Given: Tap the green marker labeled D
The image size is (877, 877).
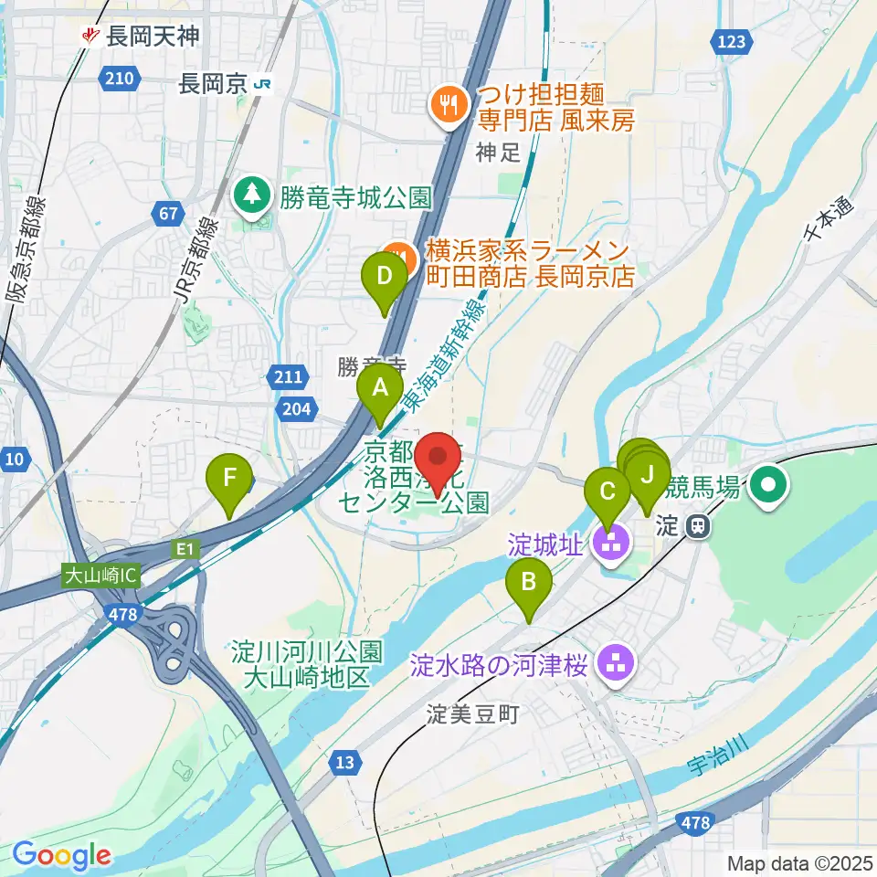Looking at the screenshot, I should click(x=385, y=276).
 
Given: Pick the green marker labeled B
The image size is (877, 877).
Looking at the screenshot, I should click(x=528, y=582).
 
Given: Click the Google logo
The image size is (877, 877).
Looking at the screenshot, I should click(x=61, y=856).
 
